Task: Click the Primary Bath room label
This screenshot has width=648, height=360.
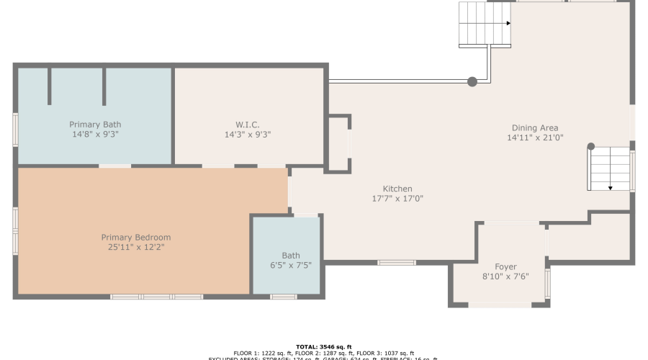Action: pyautogui.click(x=95, y=125)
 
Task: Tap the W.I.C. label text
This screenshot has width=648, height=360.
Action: pyautogui.click(x=247, y=125)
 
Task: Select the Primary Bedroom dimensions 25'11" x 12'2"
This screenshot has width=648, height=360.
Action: pyautogui.click(x=136, y=247)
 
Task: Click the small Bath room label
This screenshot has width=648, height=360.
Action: pyautogui.click(x=291, y=255)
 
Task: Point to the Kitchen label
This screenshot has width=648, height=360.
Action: pyautogui.click(x=397, y=189)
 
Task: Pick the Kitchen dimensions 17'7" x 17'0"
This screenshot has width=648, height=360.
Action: pyautogui.click(x=397, y=199)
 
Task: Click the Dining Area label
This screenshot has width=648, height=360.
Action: pyautogui.click(x=534, y=128)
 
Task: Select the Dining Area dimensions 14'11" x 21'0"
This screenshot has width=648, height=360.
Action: pyautogui.click(x=534, y=138)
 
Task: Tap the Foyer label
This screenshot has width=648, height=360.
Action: pyautogui.click(x=505, y=266)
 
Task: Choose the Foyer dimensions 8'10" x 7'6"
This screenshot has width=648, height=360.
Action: pyautogui.click(x=505, y=276)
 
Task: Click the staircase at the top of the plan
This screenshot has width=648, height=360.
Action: pyautogui.click(x=485, y=24)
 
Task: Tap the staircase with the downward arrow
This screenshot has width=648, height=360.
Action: pyautogui.click(x=609, y=169)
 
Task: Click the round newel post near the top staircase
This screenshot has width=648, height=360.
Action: pyautogui.click(x=472, y=82)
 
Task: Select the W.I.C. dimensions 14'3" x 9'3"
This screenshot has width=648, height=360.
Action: pyautogui.click(x=247, y=134)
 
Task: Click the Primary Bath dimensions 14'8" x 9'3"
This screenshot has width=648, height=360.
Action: pyautogui.click(x=95, y=134)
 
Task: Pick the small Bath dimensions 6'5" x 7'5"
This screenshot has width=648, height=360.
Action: pyautogui.click(x=291, y=265)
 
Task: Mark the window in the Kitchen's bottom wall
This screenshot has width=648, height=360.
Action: pyautogui.click(x=397, y=262)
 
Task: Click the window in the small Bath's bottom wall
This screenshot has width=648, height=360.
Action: pyautogui.click(x=284, y=297)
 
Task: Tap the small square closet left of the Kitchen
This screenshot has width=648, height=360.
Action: pyautogui.click(x=338, y=143)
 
